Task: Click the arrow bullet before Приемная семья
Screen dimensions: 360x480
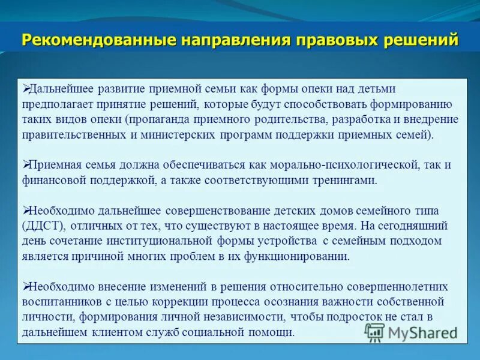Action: tap(25, 164)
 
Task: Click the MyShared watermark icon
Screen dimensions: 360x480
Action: tap(375, 332)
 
